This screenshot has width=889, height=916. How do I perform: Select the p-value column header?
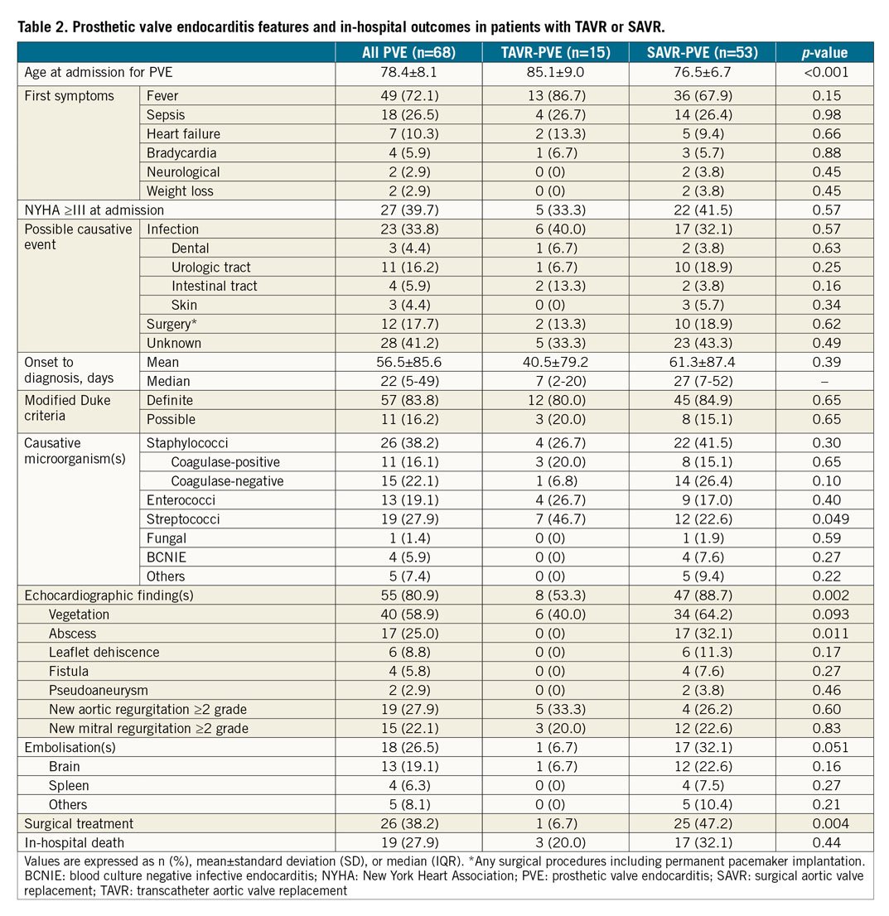click(824, 52)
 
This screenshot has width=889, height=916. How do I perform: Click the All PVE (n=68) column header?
click(408, 52)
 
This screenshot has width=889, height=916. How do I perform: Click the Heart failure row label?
click(183, 134)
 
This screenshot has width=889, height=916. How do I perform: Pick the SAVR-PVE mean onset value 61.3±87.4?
click(702, 362)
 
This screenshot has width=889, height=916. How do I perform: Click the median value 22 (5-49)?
click(408, 381)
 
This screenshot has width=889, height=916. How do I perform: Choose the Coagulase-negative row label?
click(227, 481)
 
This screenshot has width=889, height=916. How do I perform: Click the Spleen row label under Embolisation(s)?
click(69, 785)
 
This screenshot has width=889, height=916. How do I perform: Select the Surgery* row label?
click(173, 324)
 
